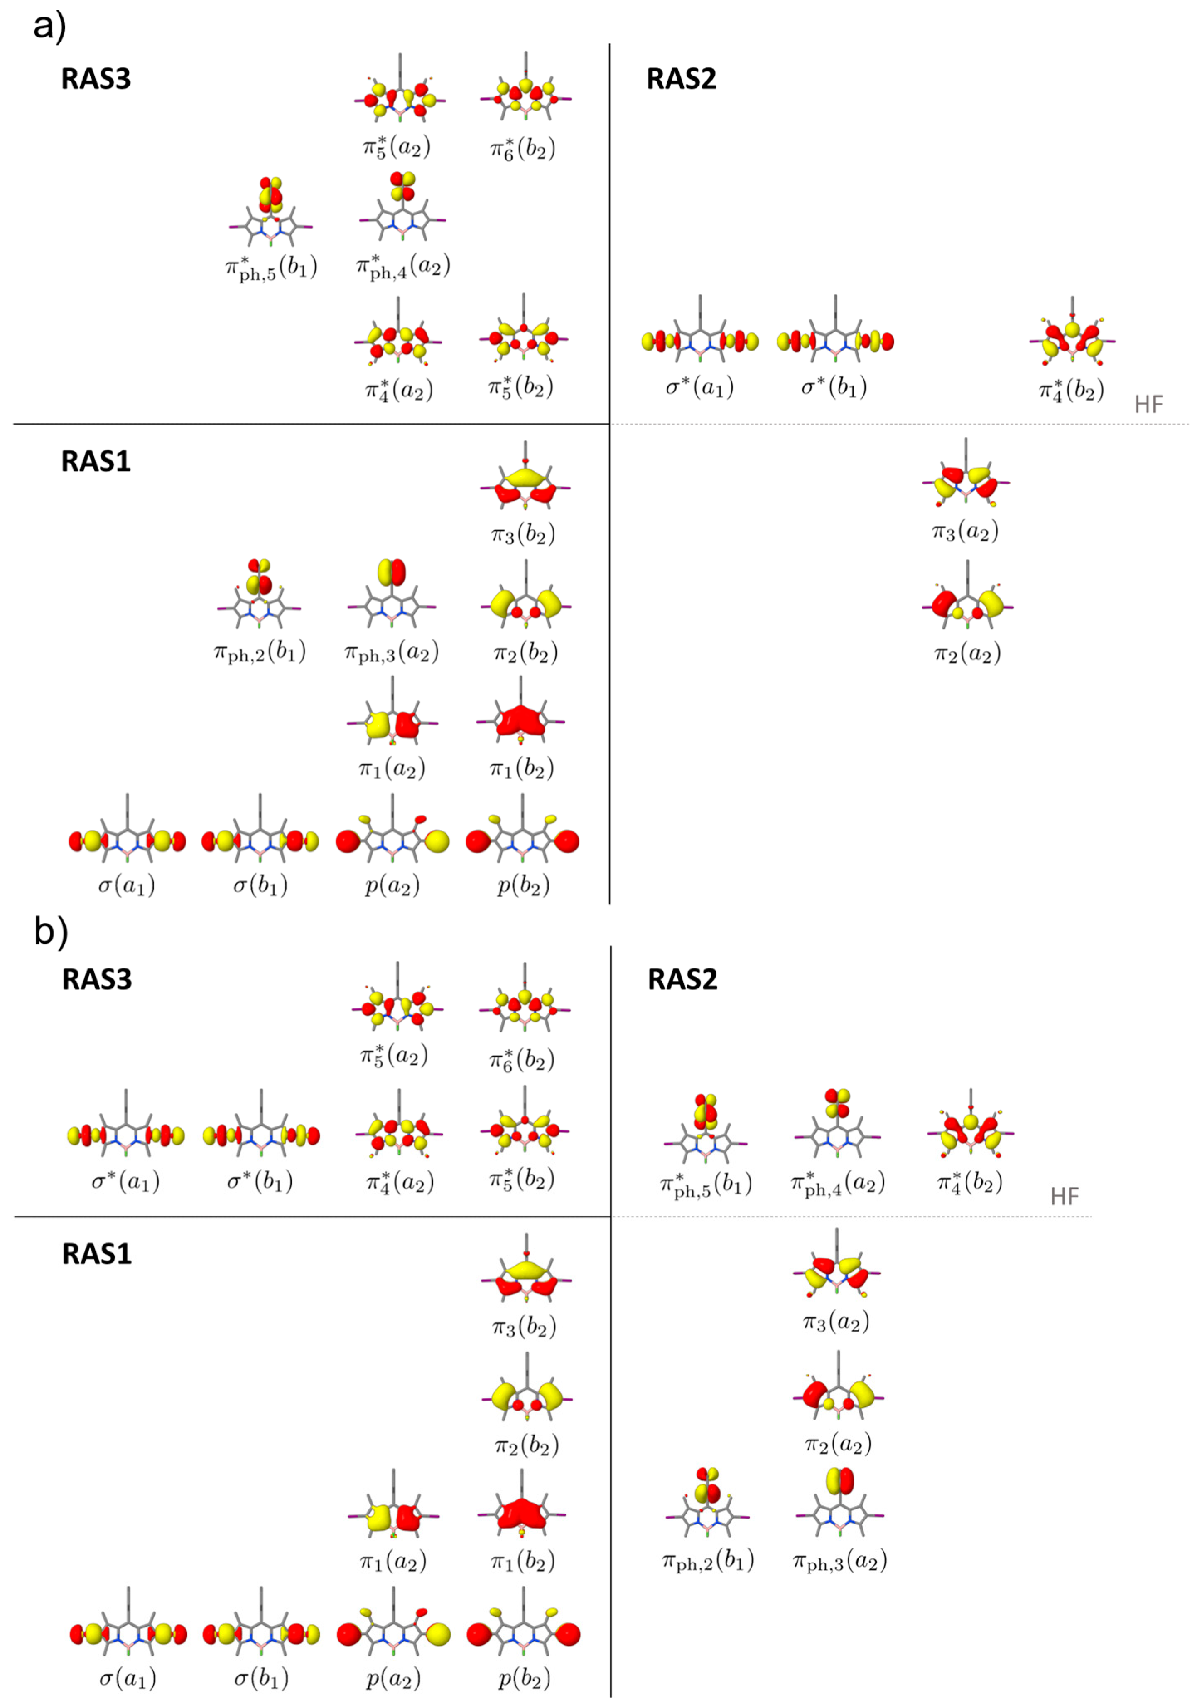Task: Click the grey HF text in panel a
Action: click(1148, 405)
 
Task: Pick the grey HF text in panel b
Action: click(1064, 1196)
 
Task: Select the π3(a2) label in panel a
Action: click(965, 531)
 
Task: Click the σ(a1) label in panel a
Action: click(126, 885)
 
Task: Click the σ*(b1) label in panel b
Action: click(260, 1181)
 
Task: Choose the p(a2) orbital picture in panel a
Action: click(392, 839)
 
